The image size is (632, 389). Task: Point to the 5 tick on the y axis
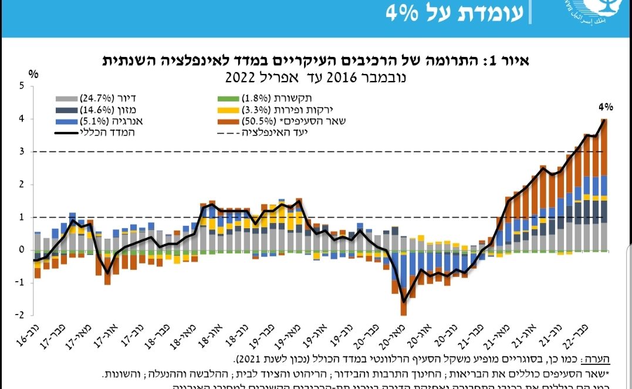(x=22, y=86)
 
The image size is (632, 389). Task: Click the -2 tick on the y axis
(x=21, y=315)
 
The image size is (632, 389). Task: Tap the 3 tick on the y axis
(x=22, y=151)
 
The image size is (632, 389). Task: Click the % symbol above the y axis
(x=33, y=75)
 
